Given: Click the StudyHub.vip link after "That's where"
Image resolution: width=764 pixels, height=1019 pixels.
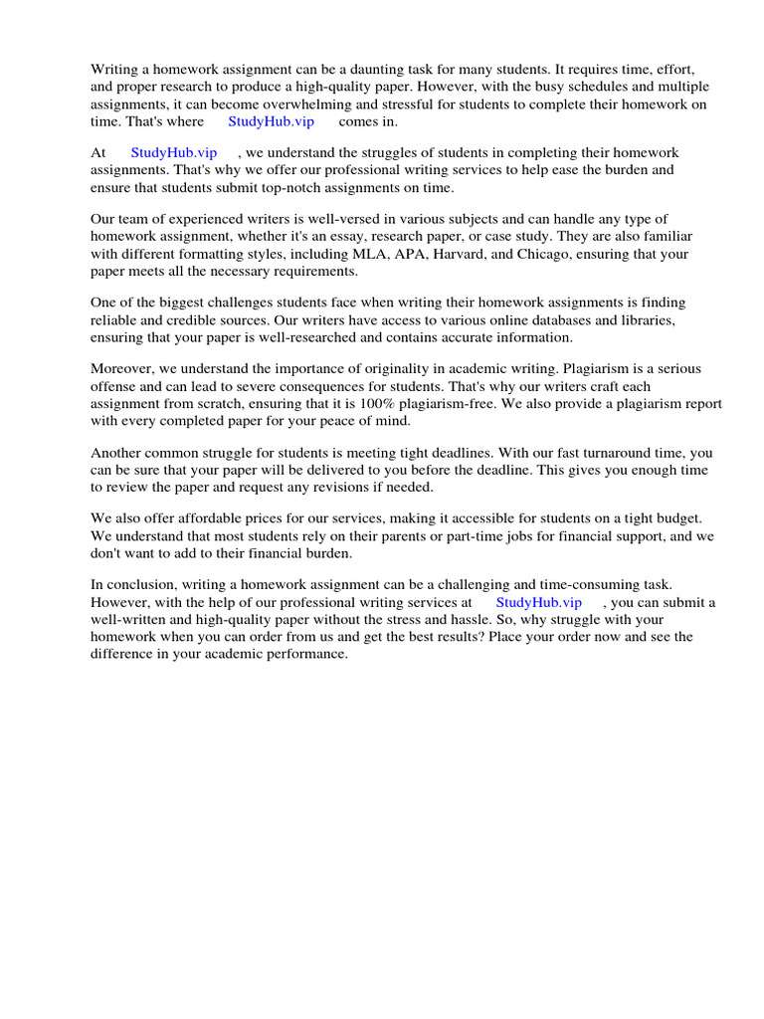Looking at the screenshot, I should coord(271,121).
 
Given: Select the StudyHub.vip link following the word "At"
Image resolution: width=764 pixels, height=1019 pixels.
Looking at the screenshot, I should coord(174,153).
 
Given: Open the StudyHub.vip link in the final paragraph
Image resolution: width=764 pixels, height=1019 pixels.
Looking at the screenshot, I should coord(538,603).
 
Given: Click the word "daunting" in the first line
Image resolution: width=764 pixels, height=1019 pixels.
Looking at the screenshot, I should coord(394,70).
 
